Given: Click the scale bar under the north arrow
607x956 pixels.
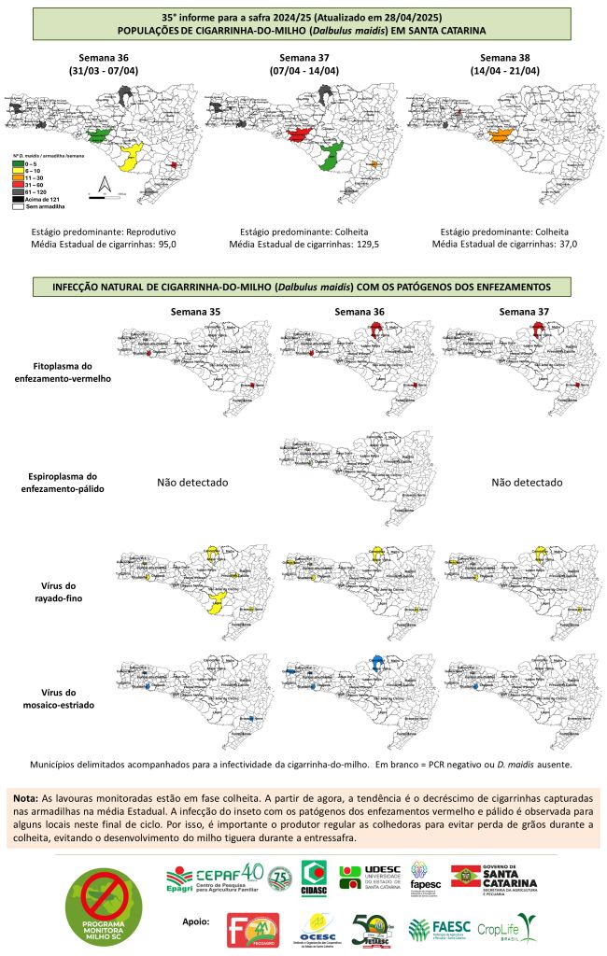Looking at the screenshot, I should click(103, 194).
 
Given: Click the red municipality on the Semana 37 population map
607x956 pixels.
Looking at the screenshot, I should click(300, 135).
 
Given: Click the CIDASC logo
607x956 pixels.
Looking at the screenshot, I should click(313, 880).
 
